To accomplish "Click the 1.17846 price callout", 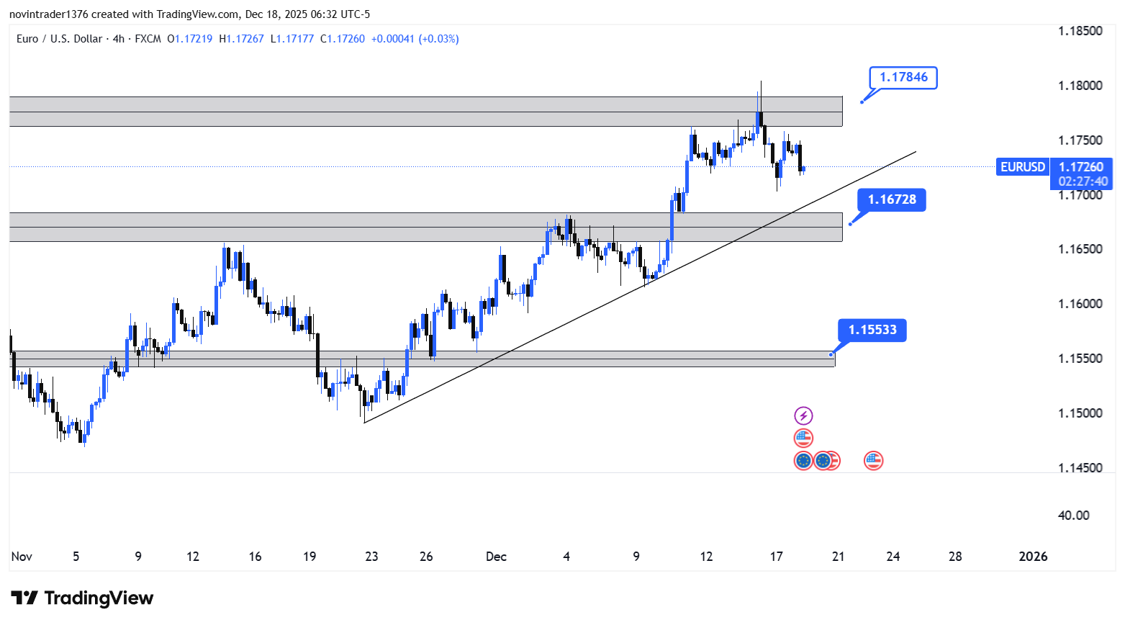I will coord(903,77).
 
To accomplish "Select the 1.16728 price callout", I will coord(892,199).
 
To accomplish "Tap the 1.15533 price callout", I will coord(872,330).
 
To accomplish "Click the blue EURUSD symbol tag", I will coord(1022,167).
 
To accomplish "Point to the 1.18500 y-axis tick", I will coord(1080,31).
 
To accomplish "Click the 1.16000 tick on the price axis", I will coord(1080,304).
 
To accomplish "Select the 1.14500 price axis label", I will coord(1080,468).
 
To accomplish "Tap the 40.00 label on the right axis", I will coord(1073,516).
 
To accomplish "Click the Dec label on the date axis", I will coord(496,557).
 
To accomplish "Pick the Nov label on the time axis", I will coord(22,557).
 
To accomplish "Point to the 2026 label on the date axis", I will coord(1034,557).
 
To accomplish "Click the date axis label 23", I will coord(371,557).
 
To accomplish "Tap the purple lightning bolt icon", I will coord(803,415).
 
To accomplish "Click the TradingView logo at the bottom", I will coord(82,598).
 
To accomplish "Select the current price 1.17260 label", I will coord(1080,167).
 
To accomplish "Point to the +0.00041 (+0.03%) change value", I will coord(415,39).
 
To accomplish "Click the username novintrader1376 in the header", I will coord(48,14).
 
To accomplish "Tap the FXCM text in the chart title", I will coord(148,39).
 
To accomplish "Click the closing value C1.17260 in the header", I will coord(343,39).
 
